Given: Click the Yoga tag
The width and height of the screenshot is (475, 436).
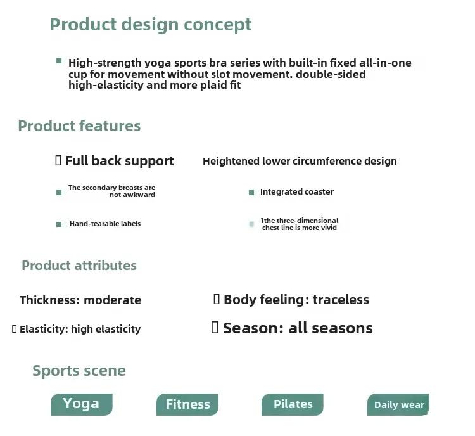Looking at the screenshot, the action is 82,404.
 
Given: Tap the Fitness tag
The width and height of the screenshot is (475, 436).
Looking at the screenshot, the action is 187,404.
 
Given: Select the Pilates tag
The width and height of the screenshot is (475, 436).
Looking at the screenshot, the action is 293,404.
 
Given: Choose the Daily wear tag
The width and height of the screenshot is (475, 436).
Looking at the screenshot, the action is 398,404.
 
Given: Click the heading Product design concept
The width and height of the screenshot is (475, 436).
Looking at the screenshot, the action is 151,25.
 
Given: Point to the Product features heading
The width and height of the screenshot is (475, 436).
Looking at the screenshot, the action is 79,126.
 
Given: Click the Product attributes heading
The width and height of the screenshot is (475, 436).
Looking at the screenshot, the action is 79,266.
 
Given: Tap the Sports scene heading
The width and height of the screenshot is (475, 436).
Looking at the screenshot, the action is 79,371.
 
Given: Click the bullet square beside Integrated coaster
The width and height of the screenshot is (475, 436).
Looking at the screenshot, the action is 251,193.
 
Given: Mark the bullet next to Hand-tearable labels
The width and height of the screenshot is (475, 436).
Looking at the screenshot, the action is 59,224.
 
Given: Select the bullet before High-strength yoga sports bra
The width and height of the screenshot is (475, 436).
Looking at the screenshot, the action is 59,61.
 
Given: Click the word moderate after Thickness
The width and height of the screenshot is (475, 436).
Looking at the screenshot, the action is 112,300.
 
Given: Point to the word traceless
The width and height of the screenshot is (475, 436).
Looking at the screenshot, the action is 341,300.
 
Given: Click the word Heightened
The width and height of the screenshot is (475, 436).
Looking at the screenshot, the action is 231,162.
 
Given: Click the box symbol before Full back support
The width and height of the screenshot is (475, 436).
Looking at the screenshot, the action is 58,160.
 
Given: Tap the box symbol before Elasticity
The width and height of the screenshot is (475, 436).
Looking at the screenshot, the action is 14,329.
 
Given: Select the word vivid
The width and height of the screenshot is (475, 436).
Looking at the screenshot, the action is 328,228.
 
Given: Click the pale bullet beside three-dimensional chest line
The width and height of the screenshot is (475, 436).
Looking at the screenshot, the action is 251,224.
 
